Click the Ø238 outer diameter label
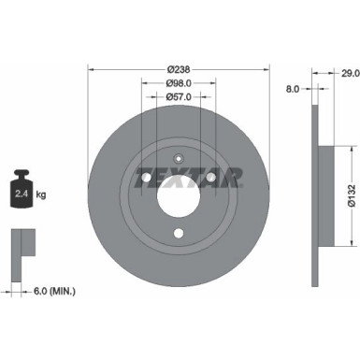point(179,69)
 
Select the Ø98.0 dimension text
point(179,82)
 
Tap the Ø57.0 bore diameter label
point(179,95)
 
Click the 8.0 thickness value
point(292,91)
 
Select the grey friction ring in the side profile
point(315,178)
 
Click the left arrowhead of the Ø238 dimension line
point(91,69)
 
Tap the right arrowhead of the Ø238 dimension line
point(266,69)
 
